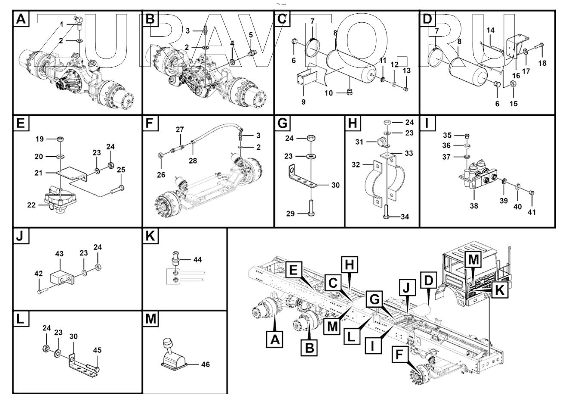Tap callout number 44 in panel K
click(x=197, y=259)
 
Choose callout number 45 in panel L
click(x=97, y=350)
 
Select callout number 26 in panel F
click(x=161, y=175)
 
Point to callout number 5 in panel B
click(x=251, y=34)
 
